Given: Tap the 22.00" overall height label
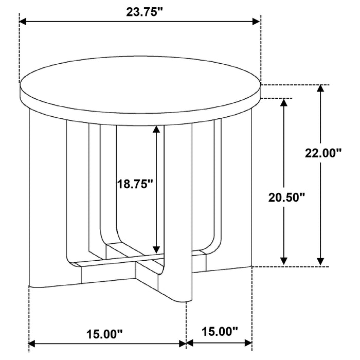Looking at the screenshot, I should click(323, 153).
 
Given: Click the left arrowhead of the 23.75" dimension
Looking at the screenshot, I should click(24, 22).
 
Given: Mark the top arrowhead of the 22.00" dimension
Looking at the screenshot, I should click(321, 89).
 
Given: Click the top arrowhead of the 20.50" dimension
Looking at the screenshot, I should click(283, 102).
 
